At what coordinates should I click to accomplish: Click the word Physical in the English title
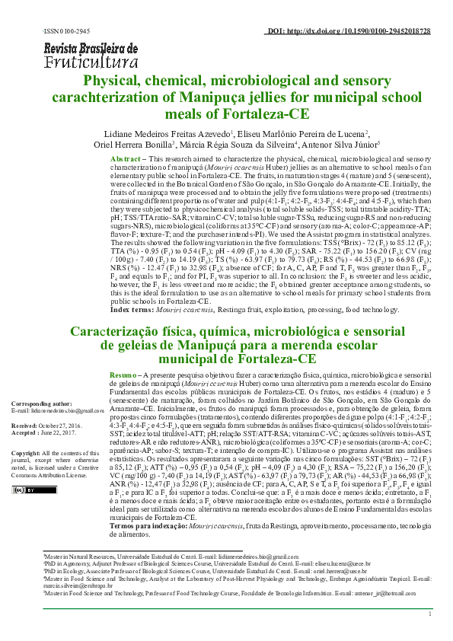pos(116,81)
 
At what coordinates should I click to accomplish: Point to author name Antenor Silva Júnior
pos(346,144)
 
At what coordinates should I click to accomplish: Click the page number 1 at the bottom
pos(431,635)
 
